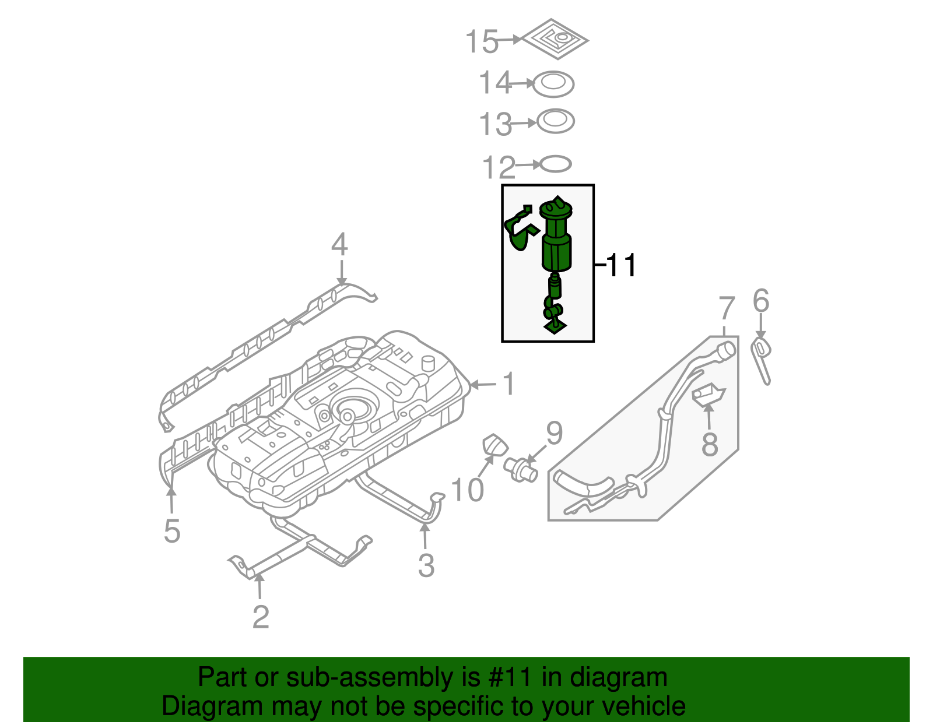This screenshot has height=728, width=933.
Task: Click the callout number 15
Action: click(x=482, y=42)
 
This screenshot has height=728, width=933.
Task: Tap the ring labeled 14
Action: click(x=553, y=85)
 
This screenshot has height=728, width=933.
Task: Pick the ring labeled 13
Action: click(x=555, y=121)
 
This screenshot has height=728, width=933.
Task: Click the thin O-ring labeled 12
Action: click(x=555, y=164)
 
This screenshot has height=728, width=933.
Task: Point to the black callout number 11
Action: click(x=622, y=266)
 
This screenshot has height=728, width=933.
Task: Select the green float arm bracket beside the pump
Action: click(x=518, y=231)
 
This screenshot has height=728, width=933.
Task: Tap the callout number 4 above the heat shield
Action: click(x=339, y=245)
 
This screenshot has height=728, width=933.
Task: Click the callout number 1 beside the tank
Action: click(x=509, y=384)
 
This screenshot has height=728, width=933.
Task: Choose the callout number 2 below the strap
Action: click(x=261, y=617)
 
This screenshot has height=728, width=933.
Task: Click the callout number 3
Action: click(x=426, y=565)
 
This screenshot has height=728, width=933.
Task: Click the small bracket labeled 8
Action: click(x=708, y=395)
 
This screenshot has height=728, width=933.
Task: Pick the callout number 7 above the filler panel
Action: click(x=726, y=308)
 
